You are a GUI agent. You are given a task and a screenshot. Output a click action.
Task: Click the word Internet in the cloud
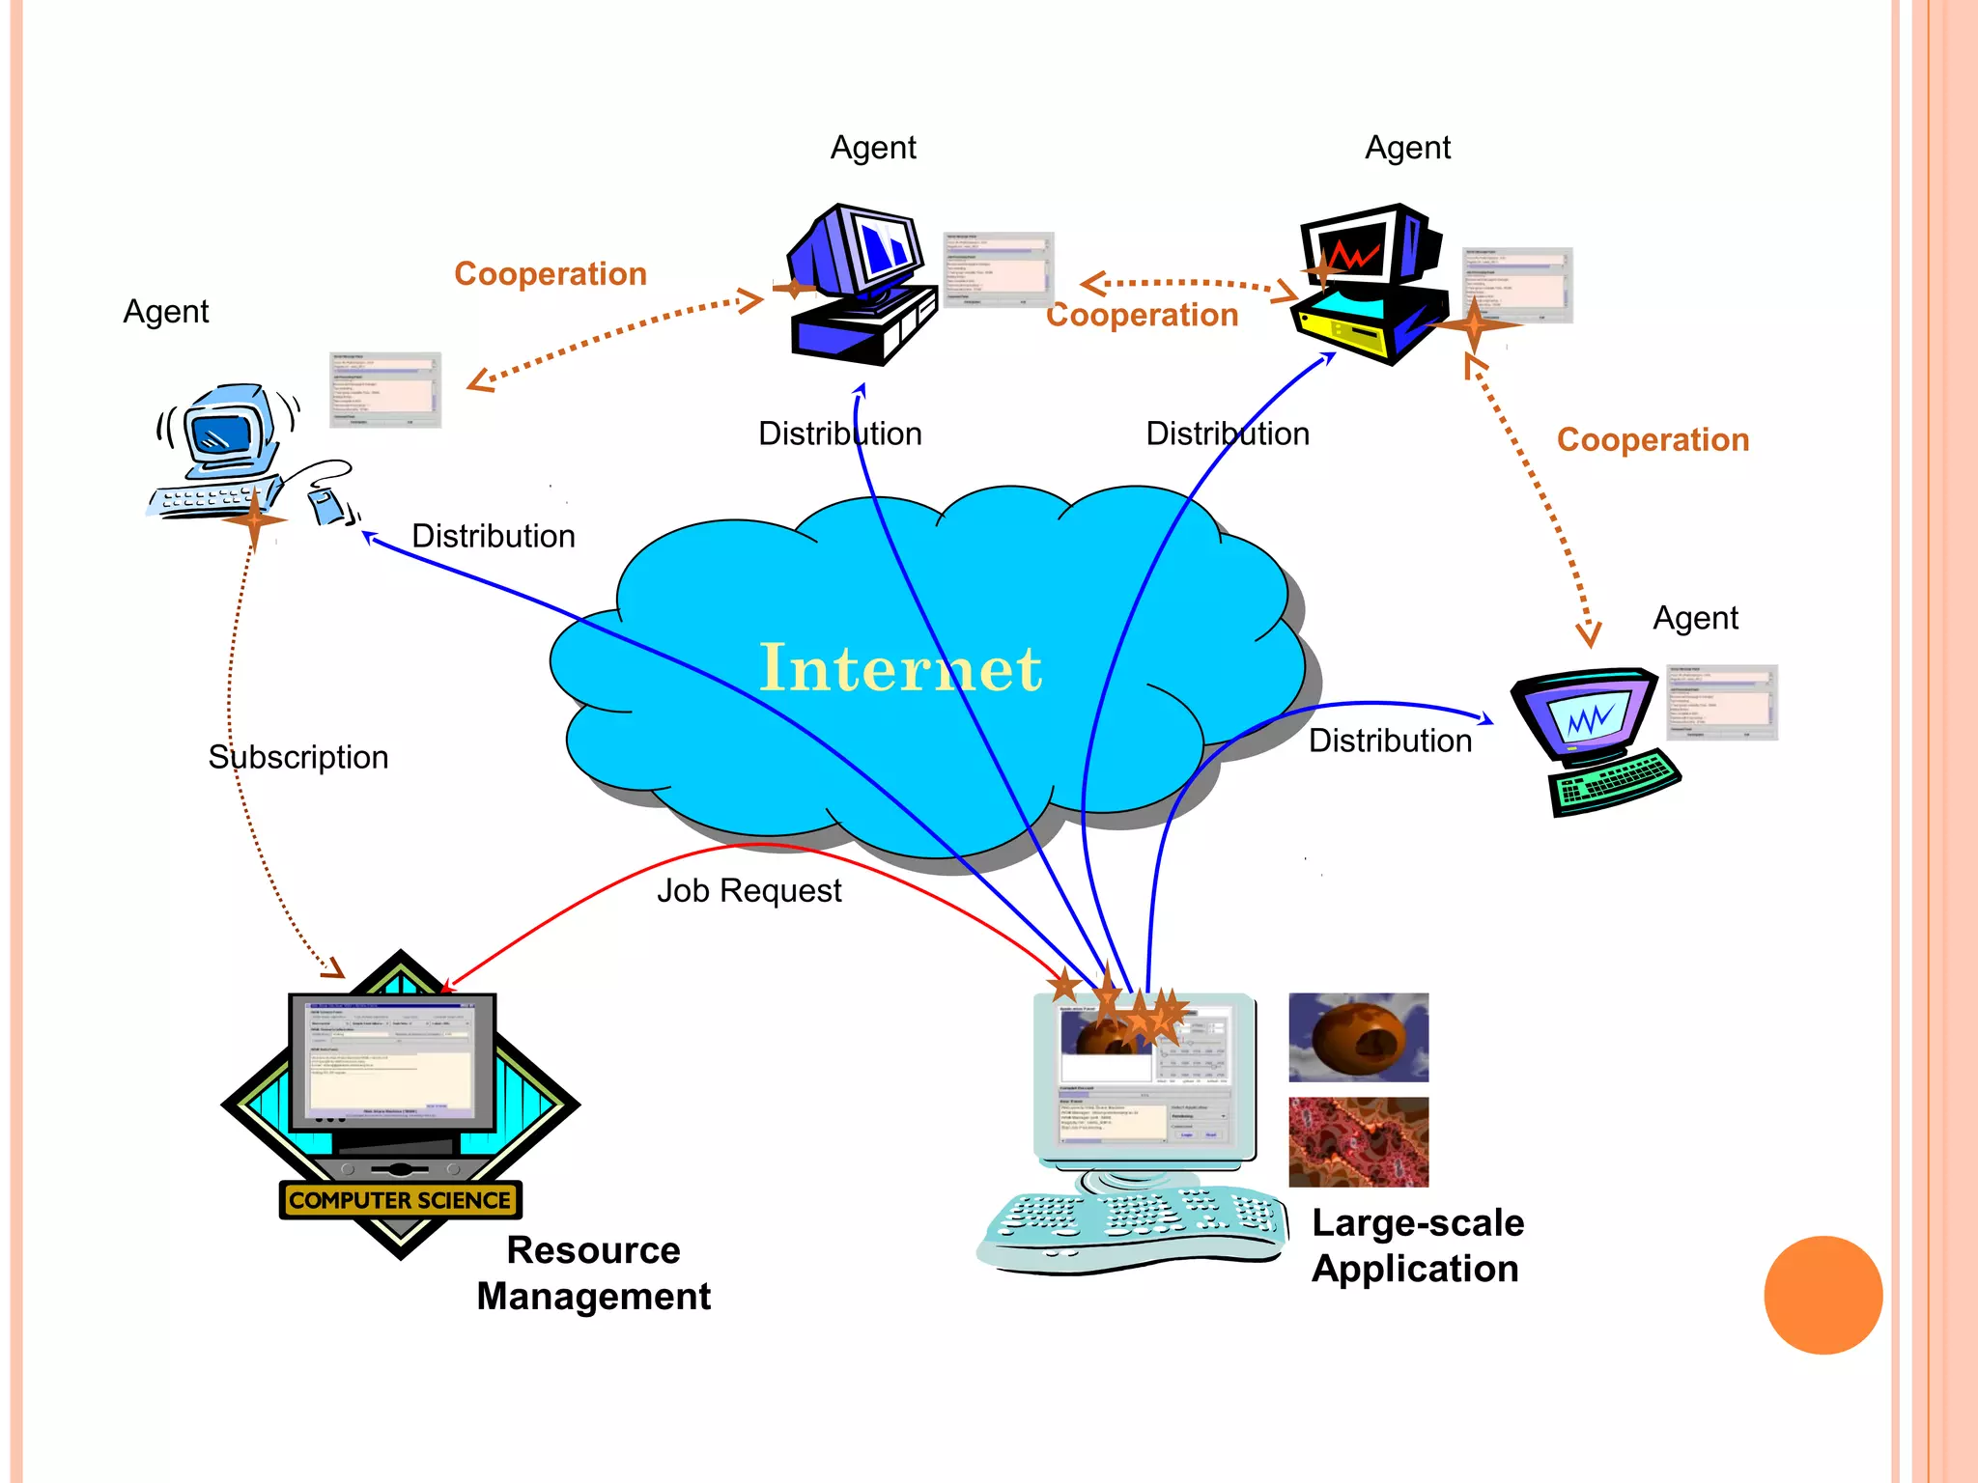point(900,668)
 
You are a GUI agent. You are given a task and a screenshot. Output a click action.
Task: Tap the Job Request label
point(749,890)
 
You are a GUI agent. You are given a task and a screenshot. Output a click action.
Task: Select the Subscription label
point(298,757)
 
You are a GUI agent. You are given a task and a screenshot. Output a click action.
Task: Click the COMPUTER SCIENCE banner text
point(400,1200)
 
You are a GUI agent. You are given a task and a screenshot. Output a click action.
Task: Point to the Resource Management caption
point(594,1273)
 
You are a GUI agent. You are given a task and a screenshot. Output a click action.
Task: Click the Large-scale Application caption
point(1417,1245)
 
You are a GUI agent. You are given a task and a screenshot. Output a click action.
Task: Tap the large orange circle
point(1823,1295)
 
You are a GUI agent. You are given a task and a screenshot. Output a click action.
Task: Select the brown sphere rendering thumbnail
point(1358,1037)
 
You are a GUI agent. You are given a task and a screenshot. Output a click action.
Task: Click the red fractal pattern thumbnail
point(1358,1141)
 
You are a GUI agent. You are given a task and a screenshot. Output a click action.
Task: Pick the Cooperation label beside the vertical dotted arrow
point(1653,440)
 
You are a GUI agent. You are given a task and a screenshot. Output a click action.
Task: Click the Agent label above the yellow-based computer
point(1407,148)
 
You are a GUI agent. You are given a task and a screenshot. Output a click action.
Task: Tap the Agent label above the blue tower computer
point(873,148)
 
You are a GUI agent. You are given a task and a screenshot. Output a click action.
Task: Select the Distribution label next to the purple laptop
point(1390,741)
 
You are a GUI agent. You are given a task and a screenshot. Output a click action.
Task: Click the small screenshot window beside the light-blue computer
point(385,390)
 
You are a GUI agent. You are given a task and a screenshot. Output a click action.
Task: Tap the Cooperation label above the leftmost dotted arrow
point(551,274)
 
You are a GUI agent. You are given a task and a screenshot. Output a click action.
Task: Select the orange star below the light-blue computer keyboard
point(254,519)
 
